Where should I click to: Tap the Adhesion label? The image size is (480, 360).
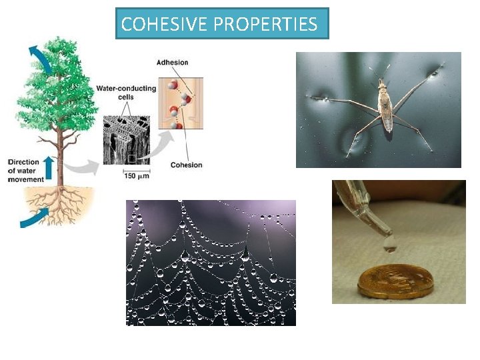tap(172, 63)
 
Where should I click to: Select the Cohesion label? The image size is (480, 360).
tap(186, 165)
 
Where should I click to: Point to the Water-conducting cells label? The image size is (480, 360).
tap(126, 92)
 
